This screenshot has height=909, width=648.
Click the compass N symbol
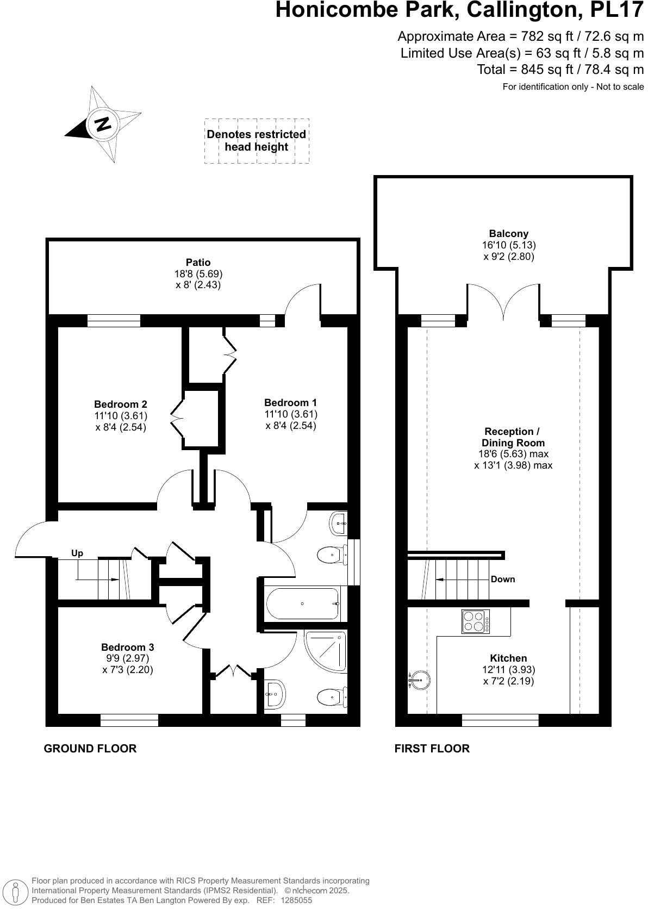click(102, 124)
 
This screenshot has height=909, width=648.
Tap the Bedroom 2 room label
click(121, 404)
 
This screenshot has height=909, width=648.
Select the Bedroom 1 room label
click(290, 403)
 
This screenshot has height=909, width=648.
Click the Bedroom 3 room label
click(128, 647)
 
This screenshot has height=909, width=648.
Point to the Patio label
click(198, 262)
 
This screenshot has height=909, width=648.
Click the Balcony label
click(508, 234)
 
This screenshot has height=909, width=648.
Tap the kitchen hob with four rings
click(475, 621)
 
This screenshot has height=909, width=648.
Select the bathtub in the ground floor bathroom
click(302, 603)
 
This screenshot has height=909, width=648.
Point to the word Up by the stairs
click(77, 553)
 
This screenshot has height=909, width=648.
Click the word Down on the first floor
click(502, 579)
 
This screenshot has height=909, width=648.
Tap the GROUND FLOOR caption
click(90, 748)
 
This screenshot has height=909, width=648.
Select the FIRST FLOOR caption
click(432, 748)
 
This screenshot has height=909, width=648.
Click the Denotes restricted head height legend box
click(257, 141)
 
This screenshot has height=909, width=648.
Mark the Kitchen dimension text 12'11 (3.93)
click(508, 669)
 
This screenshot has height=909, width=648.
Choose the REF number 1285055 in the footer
click(296, 900)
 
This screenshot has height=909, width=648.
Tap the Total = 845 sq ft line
click(560, 70)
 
